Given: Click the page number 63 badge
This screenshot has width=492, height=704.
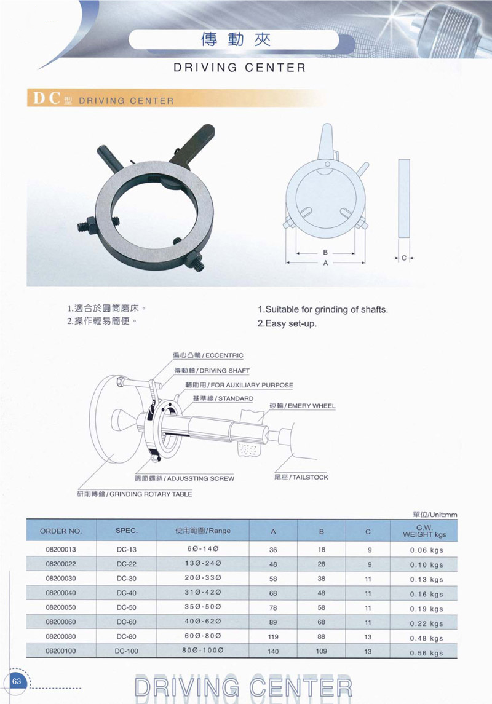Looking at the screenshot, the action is [17, 681].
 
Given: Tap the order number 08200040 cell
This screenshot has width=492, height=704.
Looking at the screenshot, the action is [61, 593].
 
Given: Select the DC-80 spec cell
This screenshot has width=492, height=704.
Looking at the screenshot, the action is [127, 636].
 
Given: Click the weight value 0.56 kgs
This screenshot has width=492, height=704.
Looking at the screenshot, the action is [426, 653].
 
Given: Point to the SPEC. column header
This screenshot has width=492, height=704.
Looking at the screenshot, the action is [127, 530].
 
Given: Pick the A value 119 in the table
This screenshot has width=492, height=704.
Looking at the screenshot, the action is [273, 636].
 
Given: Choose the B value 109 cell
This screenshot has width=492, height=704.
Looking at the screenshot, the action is [322, 651].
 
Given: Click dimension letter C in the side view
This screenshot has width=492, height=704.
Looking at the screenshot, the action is [404, 258].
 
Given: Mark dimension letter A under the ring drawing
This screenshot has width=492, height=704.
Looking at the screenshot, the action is [325, 263].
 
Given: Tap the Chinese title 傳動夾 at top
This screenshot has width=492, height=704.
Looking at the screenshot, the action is [236, 40].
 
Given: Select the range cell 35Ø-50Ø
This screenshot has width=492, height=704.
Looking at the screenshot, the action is [203, 607].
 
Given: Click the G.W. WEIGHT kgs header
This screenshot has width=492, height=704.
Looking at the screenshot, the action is [424, 531].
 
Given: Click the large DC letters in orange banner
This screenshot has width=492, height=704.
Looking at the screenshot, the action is [47, 98].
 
